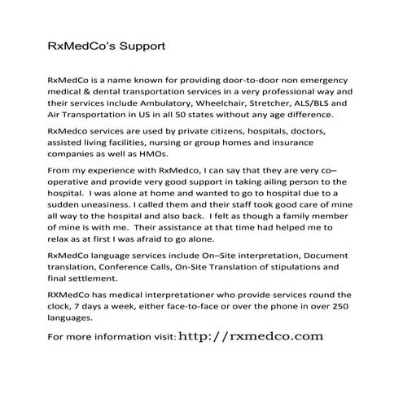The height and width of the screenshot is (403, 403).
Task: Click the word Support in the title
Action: pos(142,46)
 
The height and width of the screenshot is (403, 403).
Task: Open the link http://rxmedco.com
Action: pos(251,335)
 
